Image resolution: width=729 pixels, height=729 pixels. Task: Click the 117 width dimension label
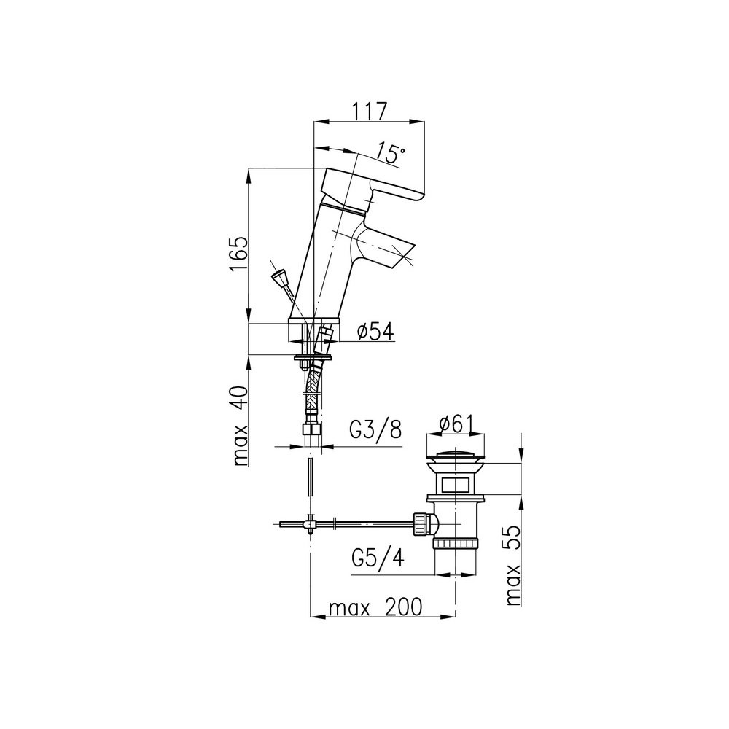[x=369, y=112]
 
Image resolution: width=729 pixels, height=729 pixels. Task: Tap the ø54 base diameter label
[x=375, y=332]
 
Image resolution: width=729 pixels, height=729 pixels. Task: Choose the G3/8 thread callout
[x=375, y=430]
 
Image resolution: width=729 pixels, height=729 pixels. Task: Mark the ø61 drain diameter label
[x=456, y=424]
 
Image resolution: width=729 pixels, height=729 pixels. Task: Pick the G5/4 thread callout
[x=378, y=558]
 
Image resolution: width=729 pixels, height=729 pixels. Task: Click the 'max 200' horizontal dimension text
[x=375, y=607]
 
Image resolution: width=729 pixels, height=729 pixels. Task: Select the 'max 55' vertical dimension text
[x=512, y=566]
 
